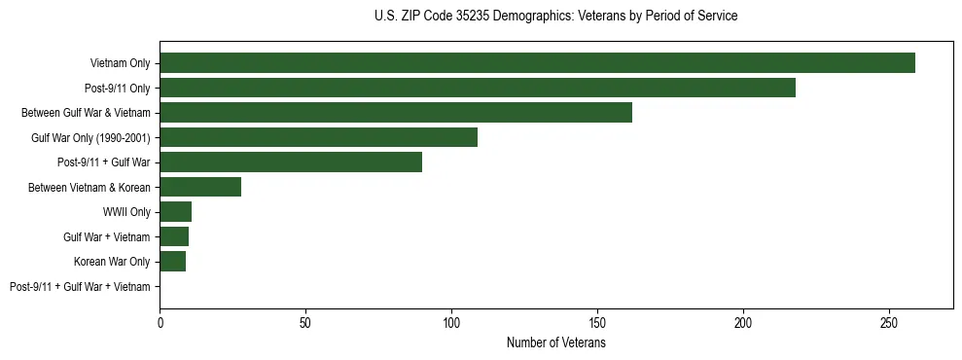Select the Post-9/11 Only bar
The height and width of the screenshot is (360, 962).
click(x=478, y=88)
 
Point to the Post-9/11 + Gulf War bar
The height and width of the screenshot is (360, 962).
click(x=291, y=162)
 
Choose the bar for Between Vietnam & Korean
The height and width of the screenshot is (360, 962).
click(x=200, y=187)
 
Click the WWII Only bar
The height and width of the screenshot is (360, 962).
click(x=175, y=212)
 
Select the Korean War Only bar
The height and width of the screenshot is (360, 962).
click(x=172, y=262)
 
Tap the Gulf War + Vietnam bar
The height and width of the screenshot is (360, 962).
click(x=174, y=236)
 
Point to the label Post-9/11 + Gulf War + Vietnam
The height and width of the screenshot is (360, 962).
click(x=80, y=287)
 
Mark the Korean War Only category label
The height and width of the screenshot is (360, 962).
click(x=112, y=262)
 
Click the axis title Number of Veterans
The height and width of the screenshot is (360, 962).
click(x=555, y=343)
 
